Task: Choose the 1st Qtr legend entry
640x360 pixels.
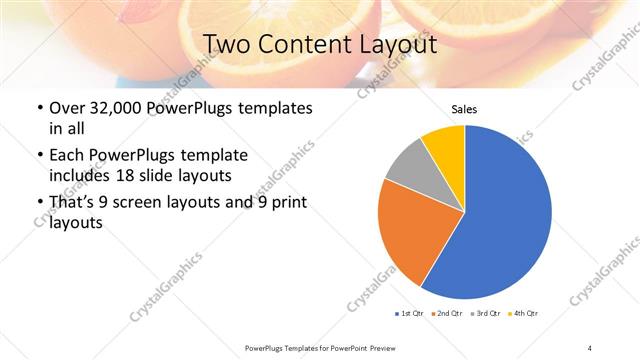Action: coord(410,314)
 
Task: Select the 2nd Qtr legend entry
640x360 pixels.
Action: coord(447,314)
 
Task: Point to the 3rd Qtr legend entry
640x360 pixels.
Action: coord(485,314)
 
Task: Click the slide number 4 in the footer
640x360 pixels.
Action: coord(589,347)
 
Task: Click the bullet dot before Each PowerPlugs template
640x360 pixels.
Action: coord(39,156)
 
